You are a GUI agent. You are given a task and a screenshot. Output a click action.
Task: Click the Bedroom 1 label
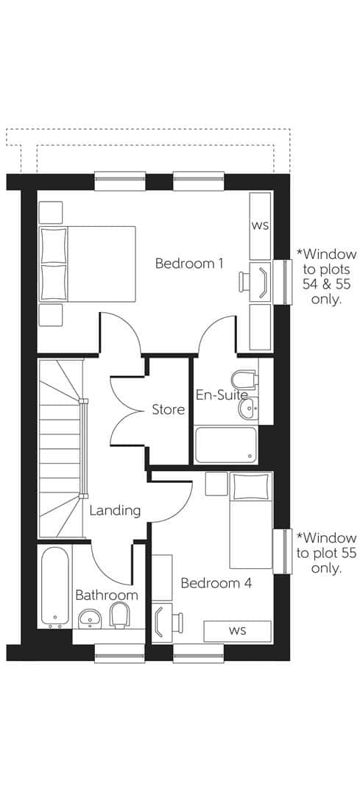point(189,264)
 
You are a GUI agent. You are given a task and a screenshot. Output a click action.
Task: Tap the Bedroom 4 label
point(216,583)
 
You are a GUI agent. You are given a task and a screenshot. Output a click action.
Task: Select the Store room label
point(168,409)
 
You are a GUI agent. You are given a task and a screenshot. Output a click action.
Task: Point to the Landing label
point(115,510)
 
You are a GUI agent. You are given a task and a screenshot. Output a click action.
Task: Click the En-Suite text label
point(221,395)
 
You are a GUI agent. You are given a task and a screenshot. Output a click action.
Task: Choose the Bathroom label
point(106,595)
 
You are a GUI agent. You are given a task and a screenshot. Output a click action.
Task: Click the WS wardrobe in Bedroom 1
point(261,225)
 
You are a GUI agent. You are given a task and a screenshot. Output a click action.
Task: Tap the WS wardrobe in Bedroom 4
point(237,631)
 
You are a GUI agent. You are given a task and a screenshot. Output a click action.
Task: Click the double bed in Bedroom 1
point(87,264)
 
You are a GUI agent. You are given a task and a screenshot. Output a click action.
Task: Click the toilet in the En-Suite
point(243,380)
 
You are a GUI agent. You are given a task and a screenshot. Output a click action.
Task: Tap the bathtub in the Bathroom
point(54,585)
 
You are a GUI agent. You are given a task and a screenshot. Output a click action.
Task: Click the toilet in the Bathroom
point(119,614)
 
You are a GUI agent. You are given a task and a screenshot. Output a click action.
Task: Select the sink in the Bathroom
point(90,618)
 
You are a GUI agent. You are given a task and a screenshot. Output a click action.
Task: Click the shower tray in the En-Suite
point(226,445)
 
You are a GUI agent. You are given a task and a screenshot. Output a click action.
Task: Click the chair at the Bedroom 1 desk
point(246,280)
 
